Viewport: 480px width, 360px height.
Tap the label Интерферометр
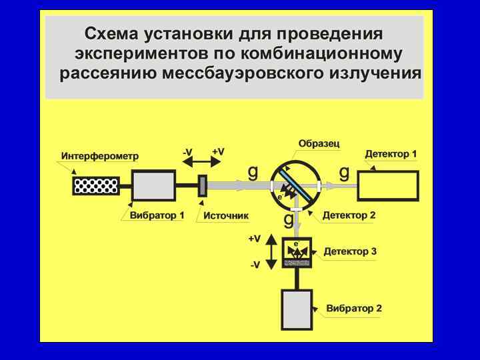(x=99, y=157)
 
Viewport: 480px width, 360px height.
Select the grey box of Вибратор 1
(x=153, y=185)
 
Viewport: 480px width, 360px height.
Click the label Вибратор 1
(x=157, y=215)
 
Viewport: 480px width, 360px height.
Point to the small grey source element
(x=203, y=186)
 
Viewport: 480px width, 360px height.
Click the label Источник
(x=225, y=215)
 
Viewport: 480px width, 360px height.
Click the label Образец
(x=319, y=143)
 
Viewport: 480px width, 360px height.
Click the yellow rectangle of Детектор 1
(x=389, y=185)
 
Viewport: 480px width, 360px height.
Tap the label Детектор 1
(x=391, y=154)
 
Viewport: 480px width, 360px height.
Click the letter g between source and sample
(x=253, y=172)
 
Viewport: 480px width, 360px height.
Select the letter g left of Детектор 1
(x=344, y=173)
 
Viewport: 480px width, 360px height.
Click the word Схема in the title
(x=113, y=34)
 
